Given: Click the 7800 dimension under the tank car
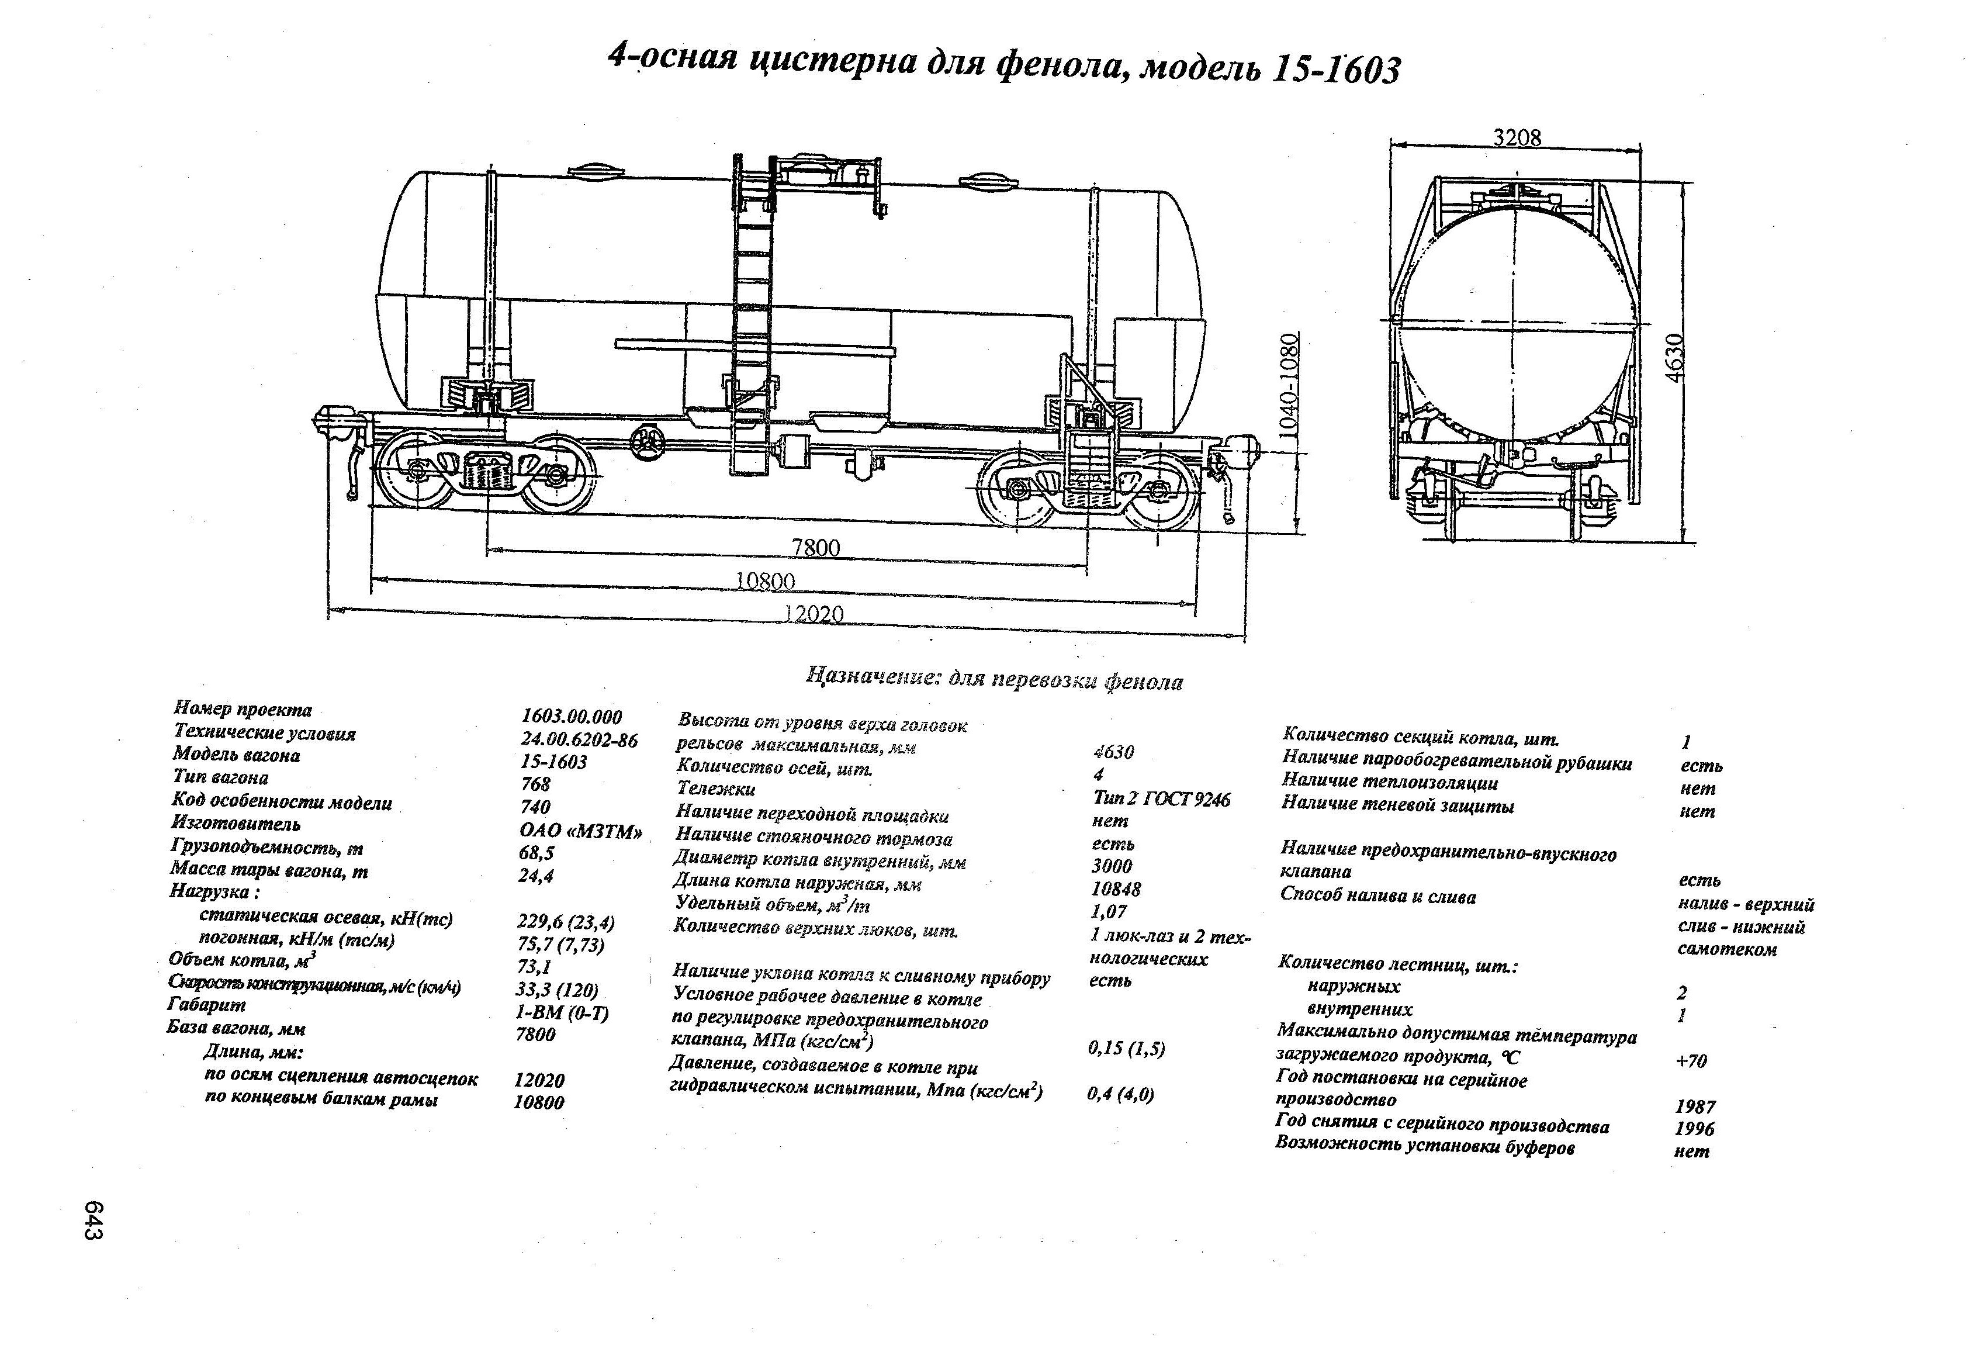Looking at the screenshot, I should click(815, 547).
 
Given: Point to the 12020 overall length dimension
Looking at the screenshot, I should click(813, 614).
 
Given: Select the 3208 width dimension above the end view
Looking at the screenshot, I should click(1517, 137).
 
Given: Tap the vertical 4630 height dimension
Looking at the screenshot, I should click(1674, 357).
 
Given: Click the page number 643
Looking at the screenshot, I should click(94, 1220).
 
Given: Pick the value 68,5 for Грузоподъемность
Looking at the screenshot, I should click(536, 853).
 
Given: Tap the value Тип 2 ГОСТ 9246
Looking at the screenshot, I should click(1161, 799).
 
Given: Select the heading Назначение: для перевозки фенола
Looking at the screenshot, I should click(994, 680).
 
